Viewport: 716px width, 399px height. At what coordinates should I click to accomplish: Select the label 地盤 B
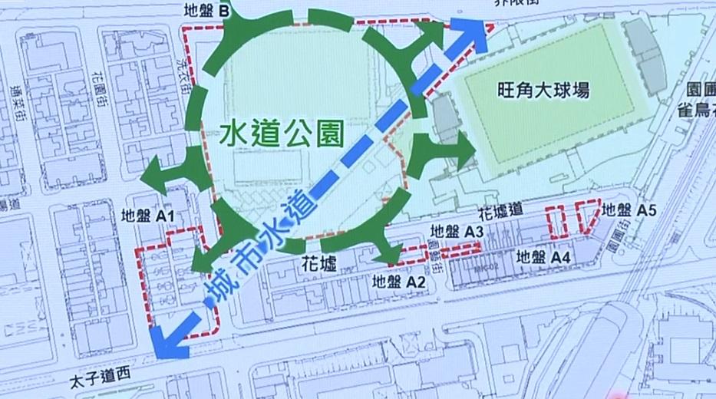tap(208, 12)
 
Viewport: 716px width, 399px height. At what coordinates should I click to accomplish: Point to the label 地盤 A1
tap(150, 218)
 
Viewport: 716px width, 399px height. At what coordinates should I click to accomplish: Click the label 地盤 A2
tap(398, 282)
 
